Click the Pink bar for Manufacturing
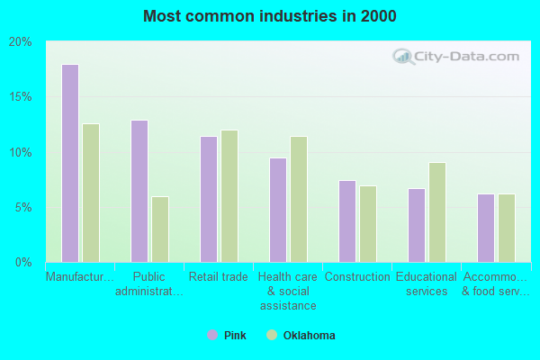click(x=70, y=163)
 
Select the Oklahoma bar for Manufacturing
click(x=91, y=193)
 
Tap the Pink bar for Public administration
click(x=139, y=191)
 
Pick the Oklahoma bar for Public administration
click(x=160, y=229)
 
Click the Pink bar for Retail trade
click(x=209, y=199)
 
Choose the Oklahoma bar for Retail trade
click(x=229, y=196)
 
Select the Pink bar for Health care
click(x=278, y=210)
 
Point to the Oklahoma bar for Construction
click(x=368, y=224)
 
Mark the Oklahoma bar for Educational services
click(x=437, y=212)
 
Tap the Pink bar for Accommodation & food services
click(x=486, y=228)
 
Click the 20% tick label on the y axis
click(x=21, y=41)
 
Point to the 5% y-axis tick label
click(x=23, y=207)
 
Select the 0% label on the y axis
click(x=23, y=262)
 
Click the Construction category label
click(x=357, y=277)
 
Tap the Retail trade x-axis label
click(x=219, y=277)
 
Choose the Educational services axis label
click(x=427, y=284)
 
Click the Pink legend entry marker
click(x=212, y=335)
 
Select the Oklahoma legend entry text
click(x=309, y=336)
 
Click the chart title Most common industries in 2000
click(x=269, y=16)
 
